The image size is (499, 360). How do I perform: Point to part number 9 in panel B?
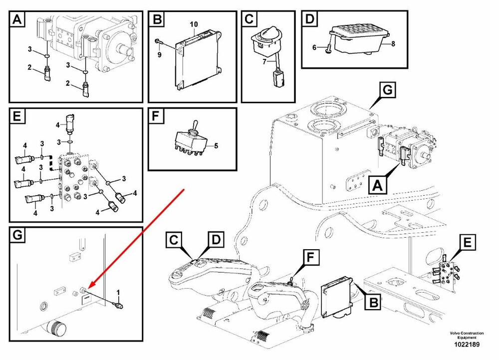(x=160, y=54)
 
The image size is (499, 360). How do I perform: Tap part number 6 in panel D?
(x=314, y=47)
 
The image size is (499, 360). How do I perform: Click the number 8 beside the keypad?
(x=393, y=44)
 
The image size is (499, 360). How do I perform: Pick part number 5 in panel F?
(x=216, y=146)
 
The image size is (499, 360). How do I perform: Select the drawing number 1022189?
(x=468, y=345)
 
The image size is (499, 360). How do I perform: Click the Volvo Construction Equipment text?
(x=467, y=335)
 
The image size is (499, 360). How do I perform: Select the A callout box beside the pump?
(x=378, y=186)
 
